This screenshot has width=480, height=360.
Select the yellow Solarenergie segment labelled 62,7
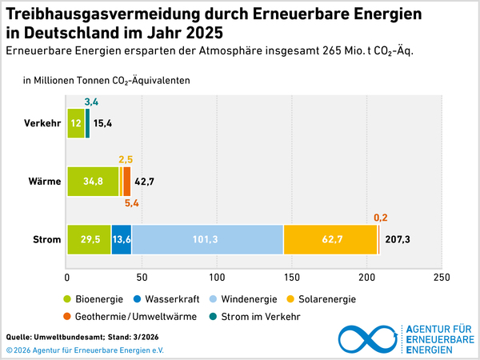tap(330, 239)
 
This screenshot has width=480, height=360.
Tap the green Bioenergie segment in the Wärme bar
tap(93, 182)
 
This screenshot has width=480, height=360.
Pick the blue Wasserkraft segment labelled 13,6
tap(122, 239)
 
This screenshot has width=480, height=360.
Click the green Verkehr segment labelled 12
tap(76, 123)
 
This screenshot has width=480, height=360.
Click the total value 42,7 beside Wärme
tap(145, 182)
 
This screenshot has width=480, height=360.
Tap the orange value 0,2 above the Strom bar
tap(382, 216)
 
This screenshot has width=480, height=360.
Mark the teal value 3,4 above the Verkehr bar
tap(90, 102)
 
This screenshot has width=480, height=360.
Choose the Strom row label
tap(48, 239)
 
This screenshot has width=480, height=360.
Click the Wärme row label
tap(46, 182)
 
